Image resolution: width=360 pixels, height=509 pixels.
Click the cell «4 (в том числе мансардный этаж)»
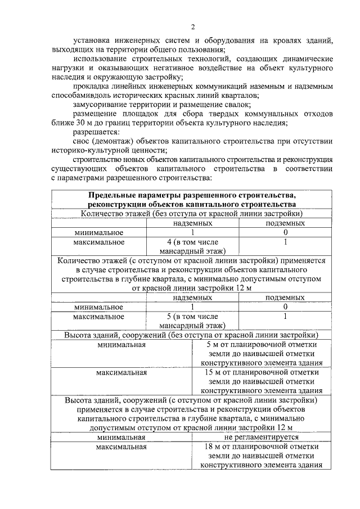pos(192,246)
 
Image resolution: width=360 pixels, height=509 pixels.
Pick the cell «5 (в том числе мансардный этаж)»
pos(192,320)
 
